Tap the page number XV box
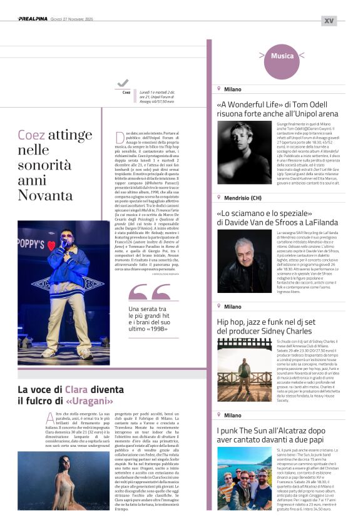point(329,20)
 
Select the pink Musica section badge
point(282,56)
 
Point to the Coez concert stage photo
point(64,292)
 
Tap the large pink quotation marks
point(149,292)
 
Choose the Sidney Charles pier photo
point(243,369)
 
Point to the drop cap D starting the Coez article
point(120,137)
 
